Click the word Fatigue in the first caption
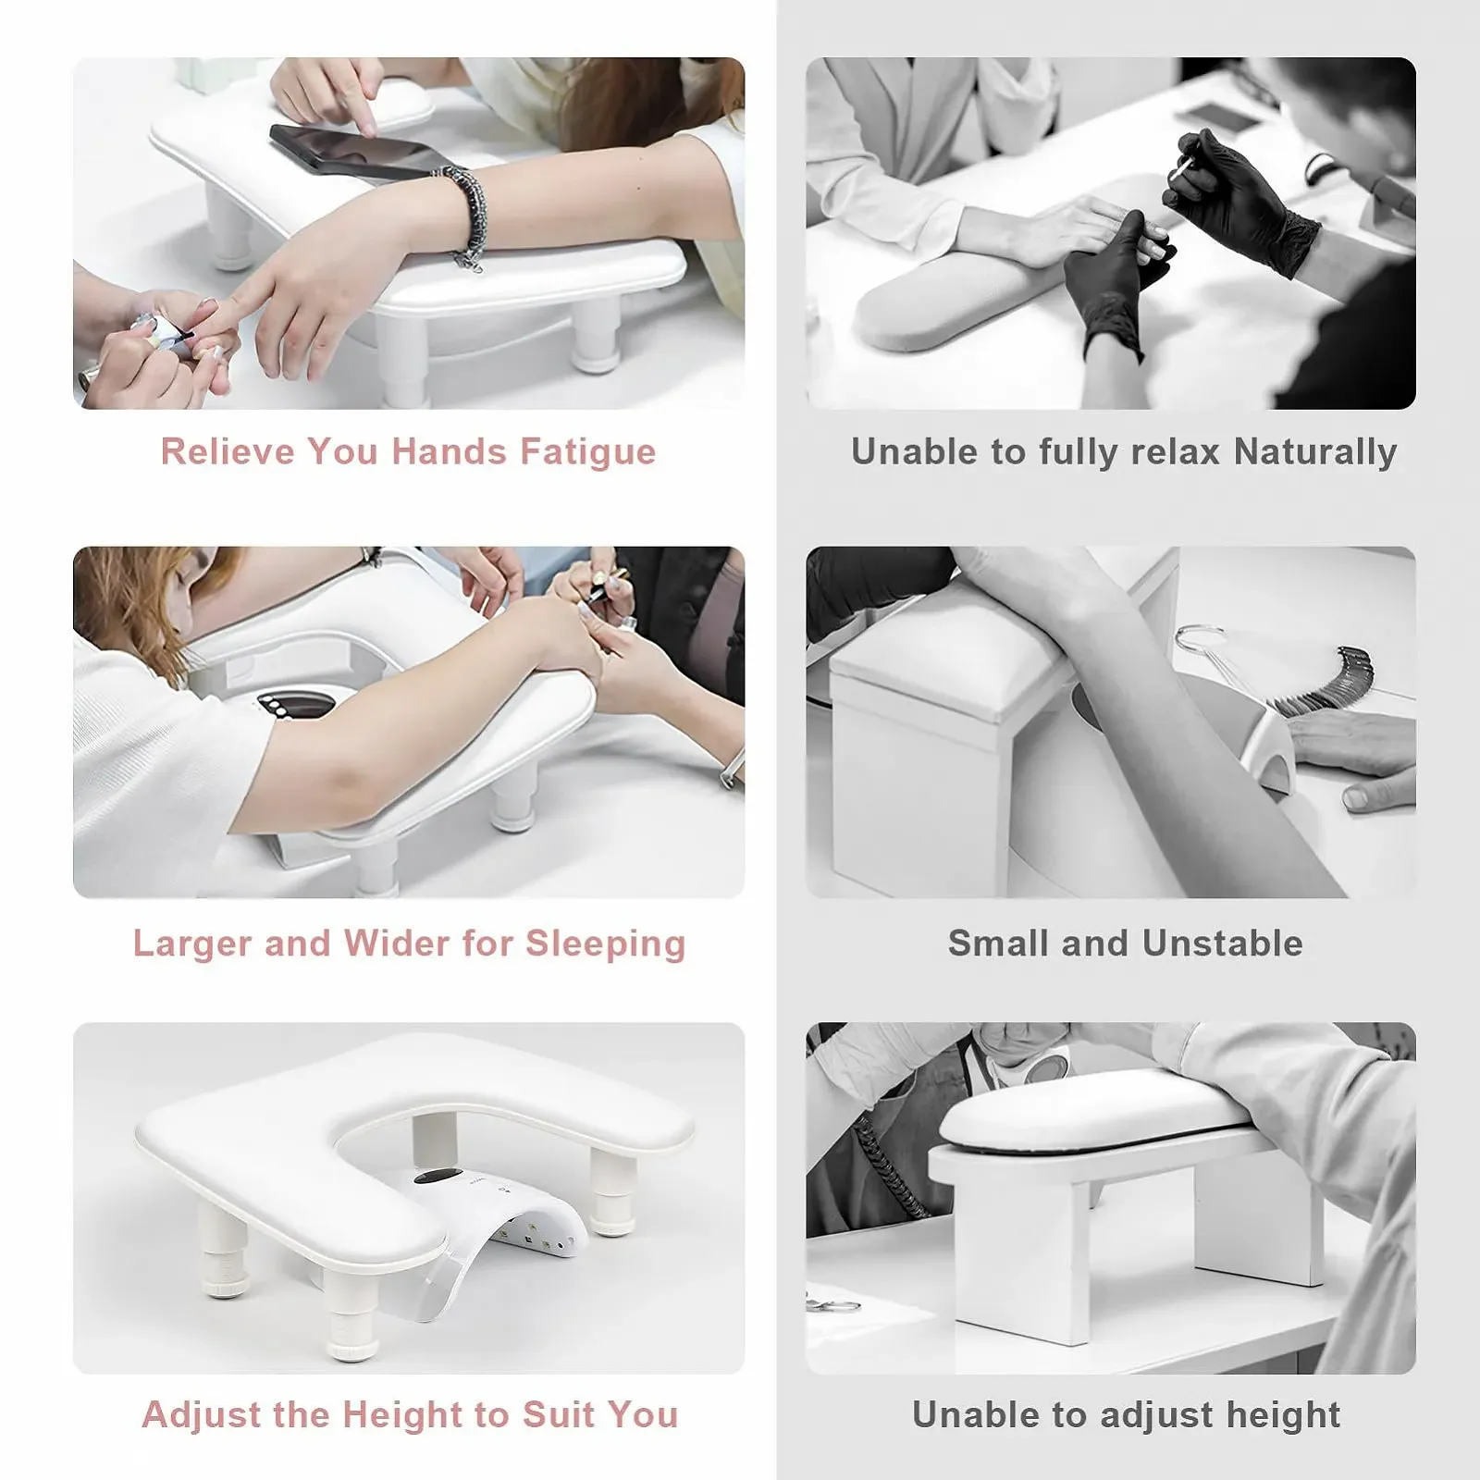pos(587,452)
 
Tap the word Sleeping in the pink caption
pos(606,944)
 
